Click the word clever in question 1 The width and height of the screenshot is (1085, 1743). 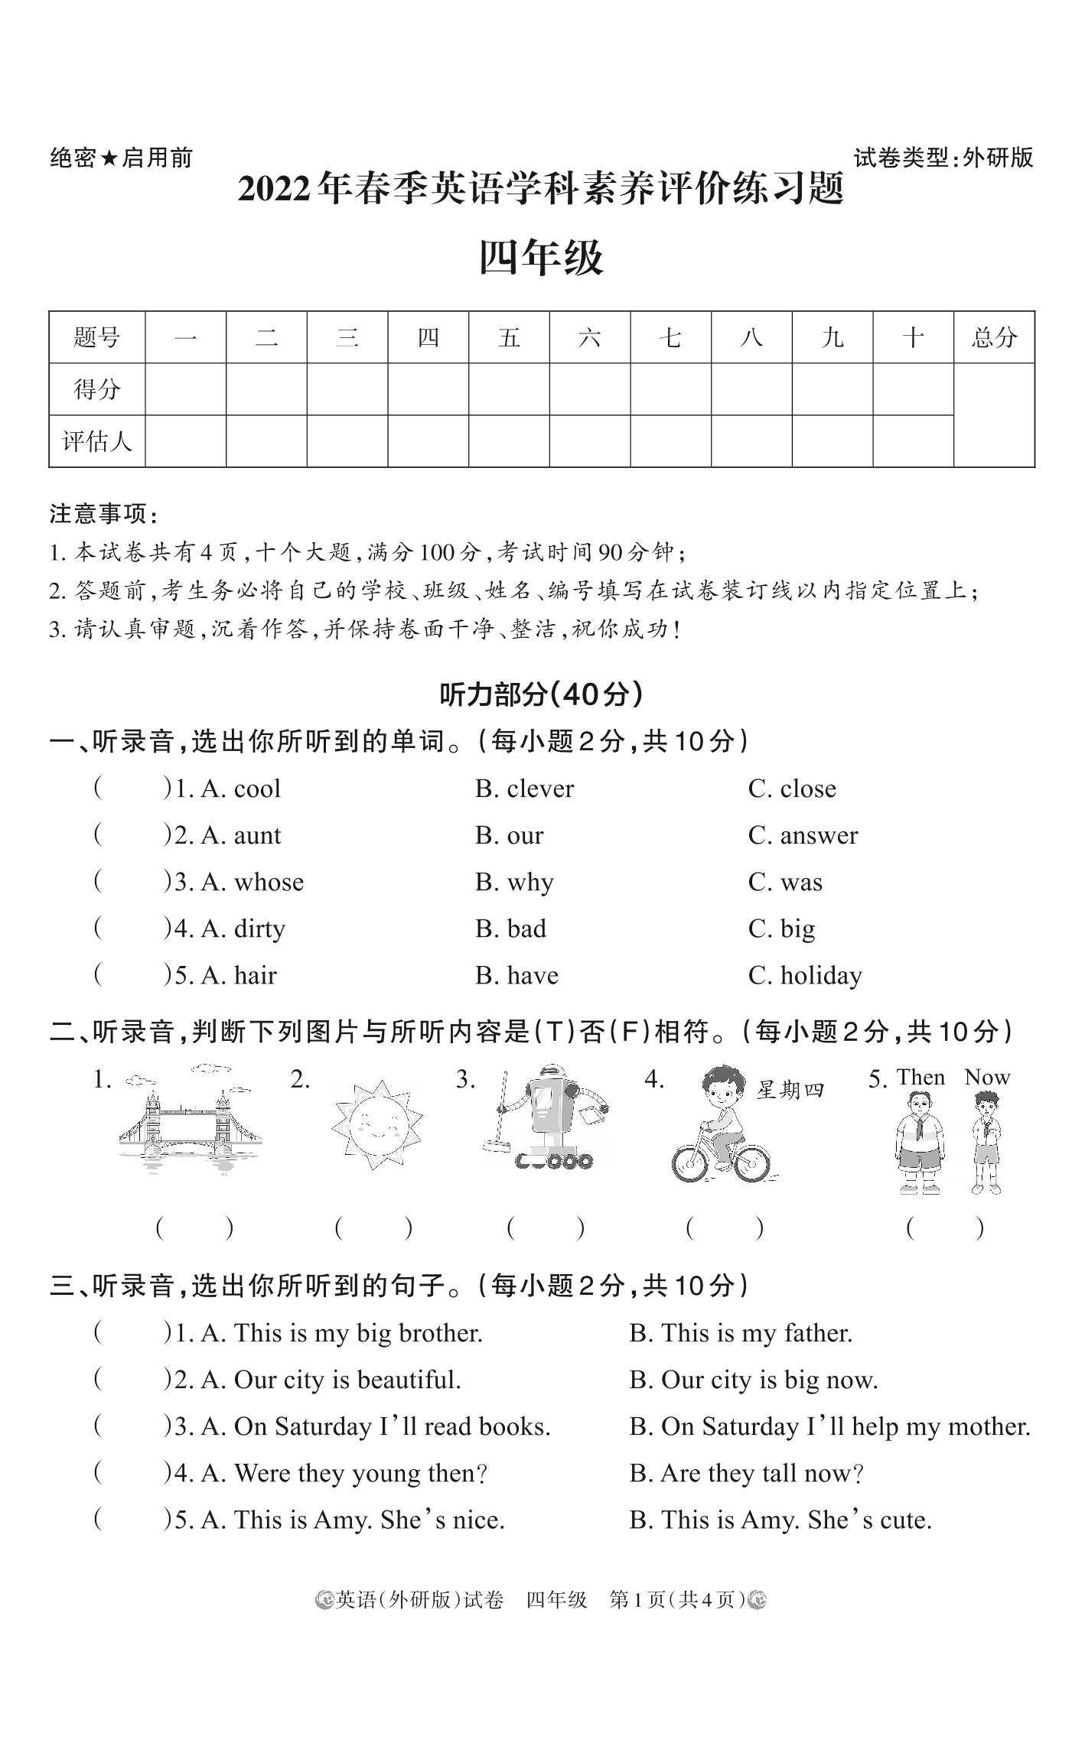pos(539,789)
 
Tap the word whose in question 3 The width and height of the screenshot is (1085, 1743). pos(269,883)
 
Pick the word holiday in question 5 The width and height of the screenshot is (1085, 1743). pos(820,976)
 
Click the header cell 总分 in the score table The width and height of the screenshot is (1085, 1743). pos(993,337)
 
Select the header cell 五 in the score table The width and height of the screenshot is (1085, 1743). pos(509,337)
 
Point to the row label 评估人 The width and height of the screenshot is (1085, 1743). pos(97,441)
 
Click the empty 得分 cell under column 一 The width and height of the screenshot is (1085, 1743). pos(186,389)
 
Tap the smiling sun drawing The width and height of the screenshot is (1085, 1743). pos(376,1125)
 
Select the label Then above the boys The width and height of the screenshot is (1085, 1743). pos(920,1077)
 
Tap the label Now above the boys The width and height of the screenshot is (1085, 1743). pos(987,1077)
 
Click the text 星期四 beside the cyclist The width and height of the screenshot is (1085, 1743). pos(790,1090)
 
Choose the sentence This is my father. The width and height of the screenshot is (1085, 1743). pos(741,1333)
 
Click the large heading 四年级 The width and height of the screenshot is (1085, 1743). pos(541,257)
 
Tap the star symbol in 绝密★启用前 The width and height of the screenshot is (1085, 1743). pos(109,158)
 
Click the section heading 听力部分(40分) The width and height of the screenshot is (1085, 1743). pos(541,694)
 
